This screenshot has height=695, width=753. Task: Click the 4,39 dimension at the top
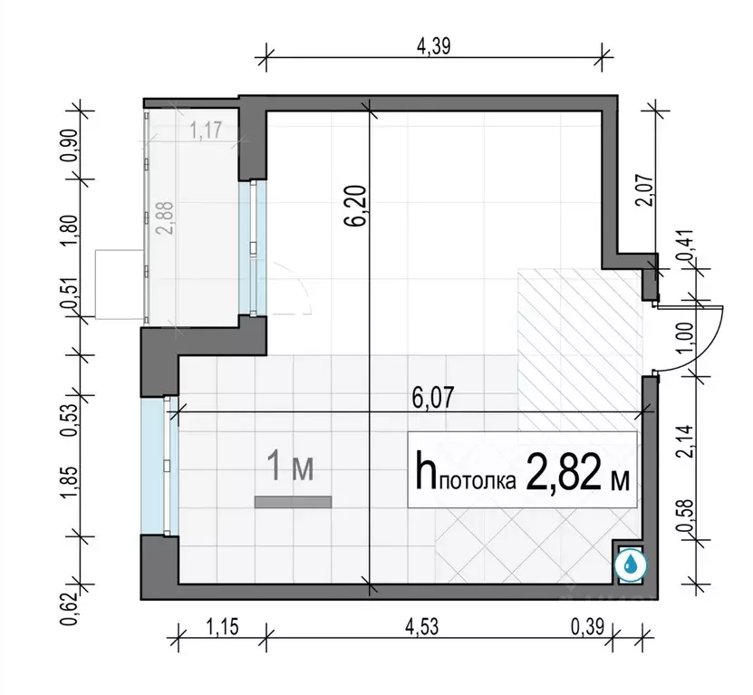point(434,46)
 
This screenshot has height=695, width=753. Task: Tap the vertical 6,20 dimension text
point(359,206)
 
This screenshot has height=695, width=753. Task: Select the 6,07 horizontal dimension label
point(433,398)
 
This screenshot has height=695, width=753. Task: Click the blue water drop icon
point(630,565)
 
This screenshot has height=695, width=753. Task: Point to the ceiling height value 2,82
point(564,472)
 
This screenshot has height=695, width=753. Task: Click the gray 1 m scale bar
point(293,502)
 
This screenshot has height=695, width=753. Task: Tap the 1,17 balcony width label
point(207,130)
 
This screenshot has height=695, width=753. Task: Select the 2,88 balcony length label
point(165,217)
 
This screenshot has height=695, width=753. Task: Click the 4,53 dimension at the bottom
point(421,627)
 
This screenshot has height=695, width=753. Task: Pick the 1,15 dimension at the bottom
point(222,627)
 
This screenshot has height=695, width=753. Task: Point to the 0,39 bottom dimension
point(587,627)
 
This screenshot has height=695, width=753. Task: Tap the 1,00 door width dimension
point(685,337)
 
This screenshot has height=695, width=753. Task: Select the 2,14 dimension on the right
point(685,441)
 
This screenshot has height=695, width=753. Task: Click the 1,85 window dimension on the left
point(69,484)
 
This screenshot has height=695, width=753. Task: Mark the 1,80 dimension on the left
point(69,230)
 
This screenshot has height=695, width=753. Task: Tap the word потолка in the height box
point(478,481)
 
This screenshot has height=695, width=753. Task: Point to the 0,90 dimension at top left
point(69,146)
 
